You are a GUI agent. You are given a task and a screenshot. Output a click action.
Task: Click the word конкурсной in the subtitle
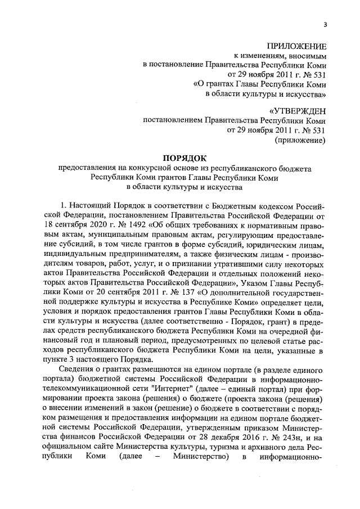tap(149, 169)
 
